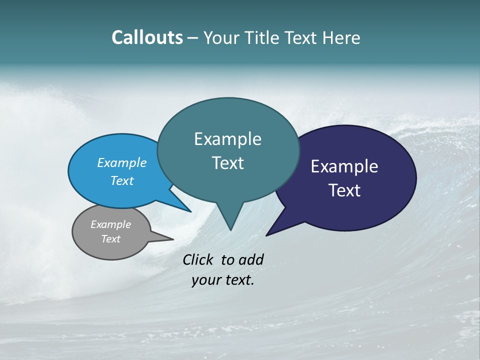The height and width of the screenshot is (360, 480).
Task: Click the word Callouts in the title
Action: [x=147, y=37]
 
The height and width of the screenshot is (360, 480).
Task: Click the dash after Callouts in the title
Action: [x=193, y=38]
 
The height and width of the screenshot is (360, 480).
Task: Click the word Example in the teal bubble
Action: [x=227, y=139]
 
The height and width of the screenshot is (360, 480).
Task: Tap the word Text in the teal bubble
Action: [x=227, y=163]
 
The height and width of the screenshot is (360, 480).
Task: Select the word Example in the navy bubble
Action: [x=344, y=166]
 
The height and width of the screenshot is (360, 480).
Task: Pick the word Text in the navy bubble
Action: [x=344, y=190]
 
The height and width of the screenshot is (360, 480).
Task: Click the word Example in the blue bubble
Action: [x=122, y=163]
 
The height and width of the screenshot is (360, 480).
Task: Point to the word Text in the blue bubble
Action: [x=122, y=180]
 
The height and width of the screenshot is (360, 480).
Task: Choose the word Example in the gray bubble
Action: [x=110, y=224]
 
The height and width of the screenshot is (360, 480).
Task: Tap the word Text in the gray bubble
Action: [x=111, y=239]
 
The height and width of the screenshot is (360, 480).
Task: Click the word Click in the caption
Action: [x=199, y=259]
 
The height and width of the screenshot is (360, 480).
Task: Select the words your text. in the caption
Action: [x=223, y=280]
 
